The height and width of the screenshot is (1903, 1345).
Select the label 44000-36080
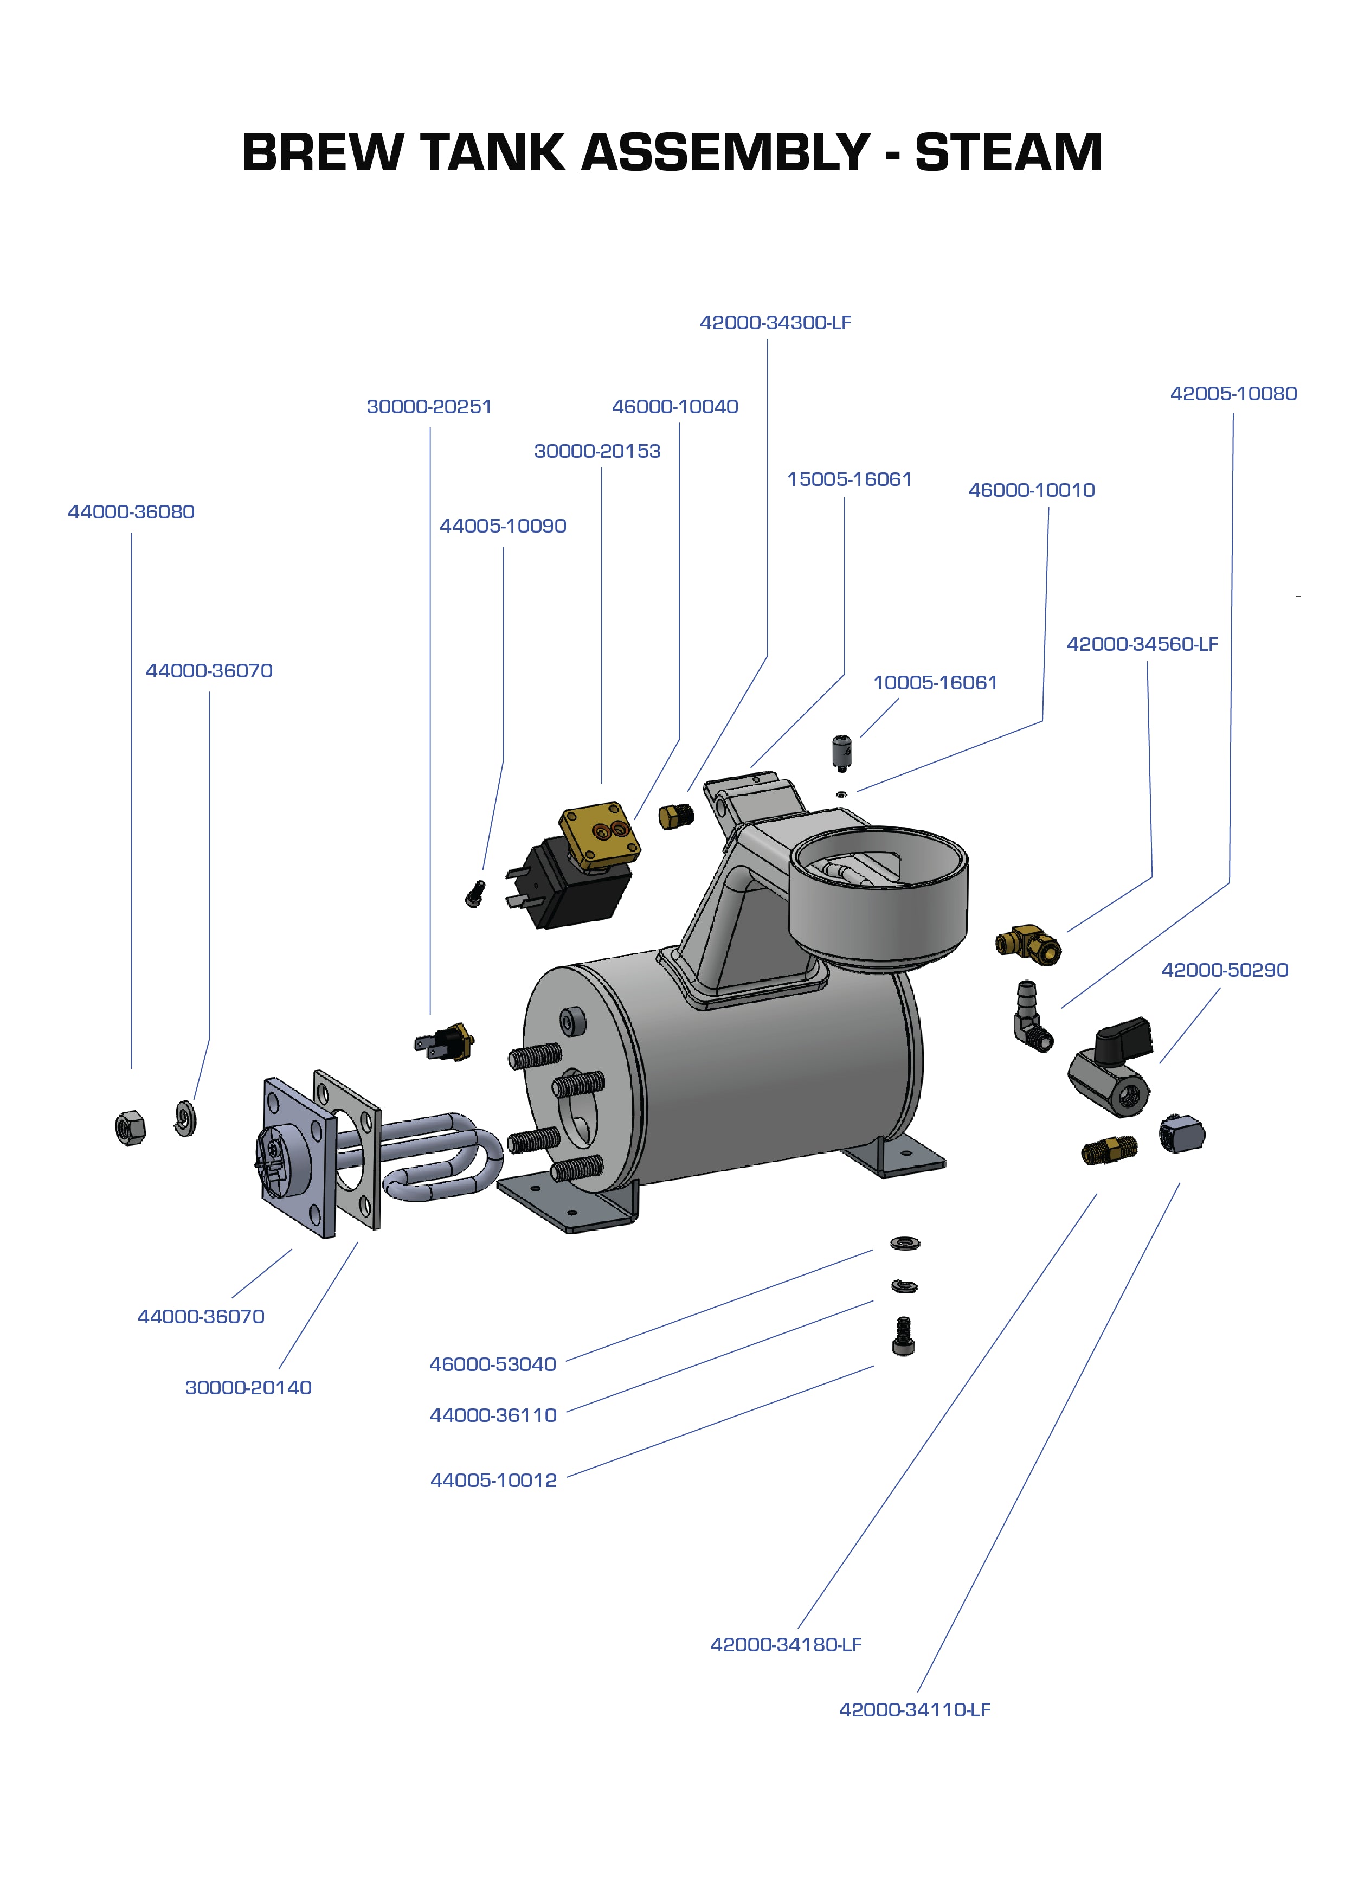click(131, 511)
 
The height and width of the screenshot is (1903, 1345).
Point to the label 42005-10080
click(1233, 394)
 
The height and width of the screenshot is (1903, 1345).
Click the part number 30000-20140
click(248, 1387)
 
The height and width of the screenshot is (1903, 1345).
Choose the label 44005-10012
click(493, 1481)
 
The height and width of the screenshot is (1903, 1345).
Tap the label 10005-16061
click(935, 683)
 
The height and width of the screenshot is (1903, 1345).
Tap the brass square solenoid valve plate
click(601, 834)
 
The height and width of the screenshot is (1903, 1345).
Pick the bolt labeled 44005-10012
click(903, 1336)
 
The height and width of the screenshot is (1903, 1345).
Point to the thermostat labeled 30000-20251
click(446, 1041)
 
